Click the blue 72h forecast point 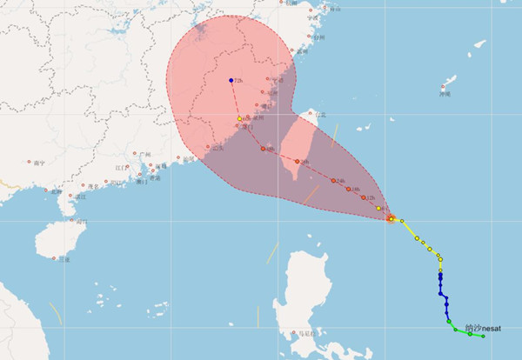[x=231, y=81]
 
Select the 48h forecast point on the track [x=262, y=148]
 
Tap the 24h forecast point [x=334, y=180]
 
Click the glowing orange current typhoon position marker [x=391, y=218]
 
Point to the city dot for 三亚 [x=54, y=257]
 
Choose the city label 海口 [x=81, y=223]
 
